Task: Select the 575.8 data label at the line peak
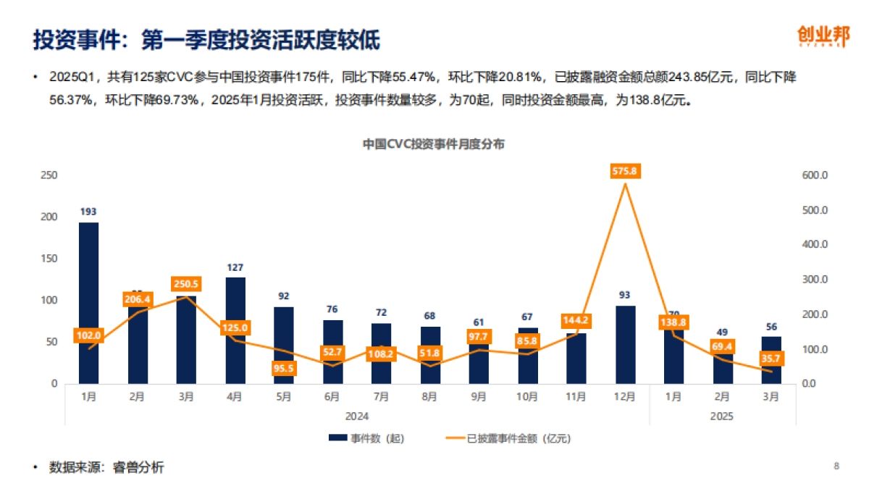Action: (625, 172)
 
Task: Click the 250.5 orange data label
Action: (186, 285)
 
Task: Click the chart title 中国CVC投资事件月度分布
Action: (433, 144)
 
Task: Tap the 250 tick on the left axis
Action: (49, 175)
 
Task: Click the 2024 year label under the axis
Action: (357, 416)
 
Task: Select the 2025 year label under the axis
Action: (722, 416)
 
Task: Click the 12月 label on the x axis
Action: (625, 396)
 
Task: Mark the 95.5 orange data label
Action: (284, 369)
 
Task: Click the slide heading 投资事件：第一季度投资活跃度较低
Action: (206, 40)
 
